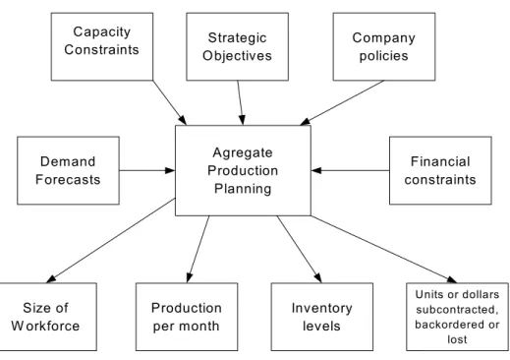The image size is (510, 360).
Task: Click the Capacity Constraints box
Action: tap(102, 46)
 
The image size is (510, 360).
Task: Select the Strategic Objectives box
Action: tap(237, 46)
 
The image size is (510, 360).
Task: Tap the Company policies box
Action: tap(384, 46)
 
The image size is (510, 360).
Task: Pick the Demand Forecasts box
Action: tap(68, 170)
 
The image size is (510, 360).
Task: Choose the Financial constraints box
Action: tap(440, 170)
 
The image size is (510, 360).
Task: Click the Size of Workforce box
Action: tap(48, 317)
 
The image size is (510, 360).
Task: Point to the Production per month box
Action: tap(187, 317)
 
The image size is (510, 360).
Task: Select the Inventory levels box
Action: tap(322, 317)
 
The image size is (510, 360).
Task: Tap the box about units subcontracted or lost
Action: tap(457, 317)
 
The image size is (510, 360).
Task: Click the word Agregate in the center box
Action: tap(243, 153)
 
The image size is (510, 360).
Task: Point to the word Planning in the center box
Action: tap(243, 189)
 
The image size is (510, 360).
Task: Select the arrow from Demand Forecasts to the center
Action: tap(147, 170)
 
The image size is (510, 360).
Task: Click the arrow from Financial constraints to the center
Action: tap(350, 170)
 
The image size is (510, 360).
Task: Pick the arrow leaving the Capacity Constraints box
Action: tap(170, 102)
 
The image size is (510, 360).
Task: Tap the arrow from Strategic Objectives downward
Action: tap(241, 102)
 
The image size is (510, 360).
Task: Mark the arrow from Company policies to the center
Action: tap(342, 102)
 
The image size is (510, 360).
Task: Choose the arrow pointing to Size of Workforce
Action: tap(111, 240)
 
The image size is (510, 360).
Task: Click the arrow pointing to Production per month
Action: tap(198, 249)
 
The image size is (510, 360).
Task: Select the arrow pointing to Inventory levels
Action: tap(300, 249)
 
